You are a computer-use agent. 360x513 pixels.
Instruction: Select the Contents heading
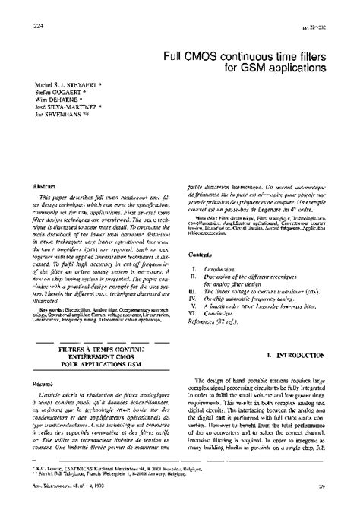[201, 255]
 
